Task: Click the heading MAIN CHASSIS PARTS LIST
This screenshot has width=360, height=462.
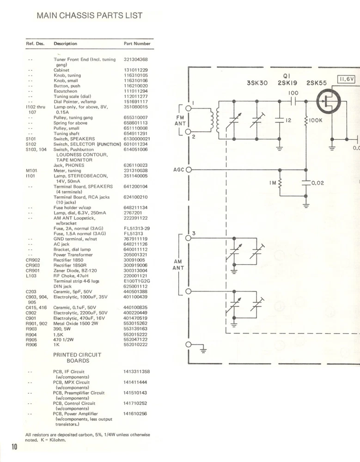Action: (x=89, y=16)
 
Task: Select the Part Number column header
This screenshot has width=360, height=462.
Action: (x=137, y=44)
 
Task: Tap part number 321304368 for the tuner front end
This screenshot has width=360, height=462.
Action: (x=136, y=60)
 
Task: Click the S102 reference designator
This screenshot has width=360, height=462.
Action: (x=31, y=144)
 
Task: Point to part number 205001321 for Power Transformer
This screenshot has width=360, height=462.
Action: (x=136, y=255)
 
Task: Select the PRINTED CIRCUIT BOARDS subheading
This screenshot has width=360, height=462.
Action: (x=77, y=358)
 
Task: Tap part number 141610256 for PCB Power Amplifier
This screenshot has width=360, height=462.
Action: (x=135, y=414)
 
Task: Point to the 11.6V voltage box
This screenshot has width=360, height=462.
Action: (x=347, y=79)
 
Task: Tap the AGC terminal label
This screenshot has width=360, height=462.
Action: (x=179, y=170)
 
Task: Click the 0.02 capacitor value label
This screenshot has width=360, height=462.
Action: (x=317, y=183)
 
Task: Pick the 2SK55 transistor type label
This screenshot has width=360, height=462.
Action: (x=316, y=84)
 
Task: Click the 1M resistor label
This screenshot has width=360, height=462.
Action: (x=273, y=183)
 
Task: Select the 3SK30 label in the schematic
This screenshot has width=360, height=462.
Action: (x=257, y=84)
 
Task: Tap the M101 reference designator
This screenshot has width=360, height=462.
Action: (x=31, y=170)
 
